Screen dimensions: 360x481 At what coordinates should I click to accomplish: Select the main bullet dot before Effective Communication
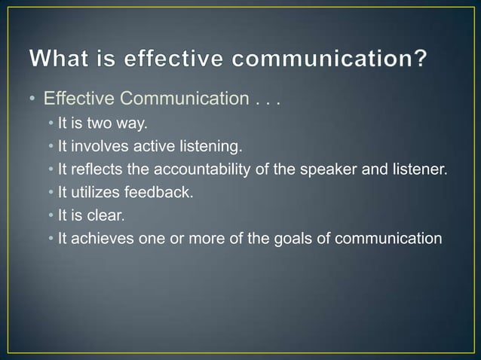(34, 99)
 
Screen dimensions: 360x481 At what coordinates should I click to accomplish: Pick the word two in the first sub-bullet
(98, 124)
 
